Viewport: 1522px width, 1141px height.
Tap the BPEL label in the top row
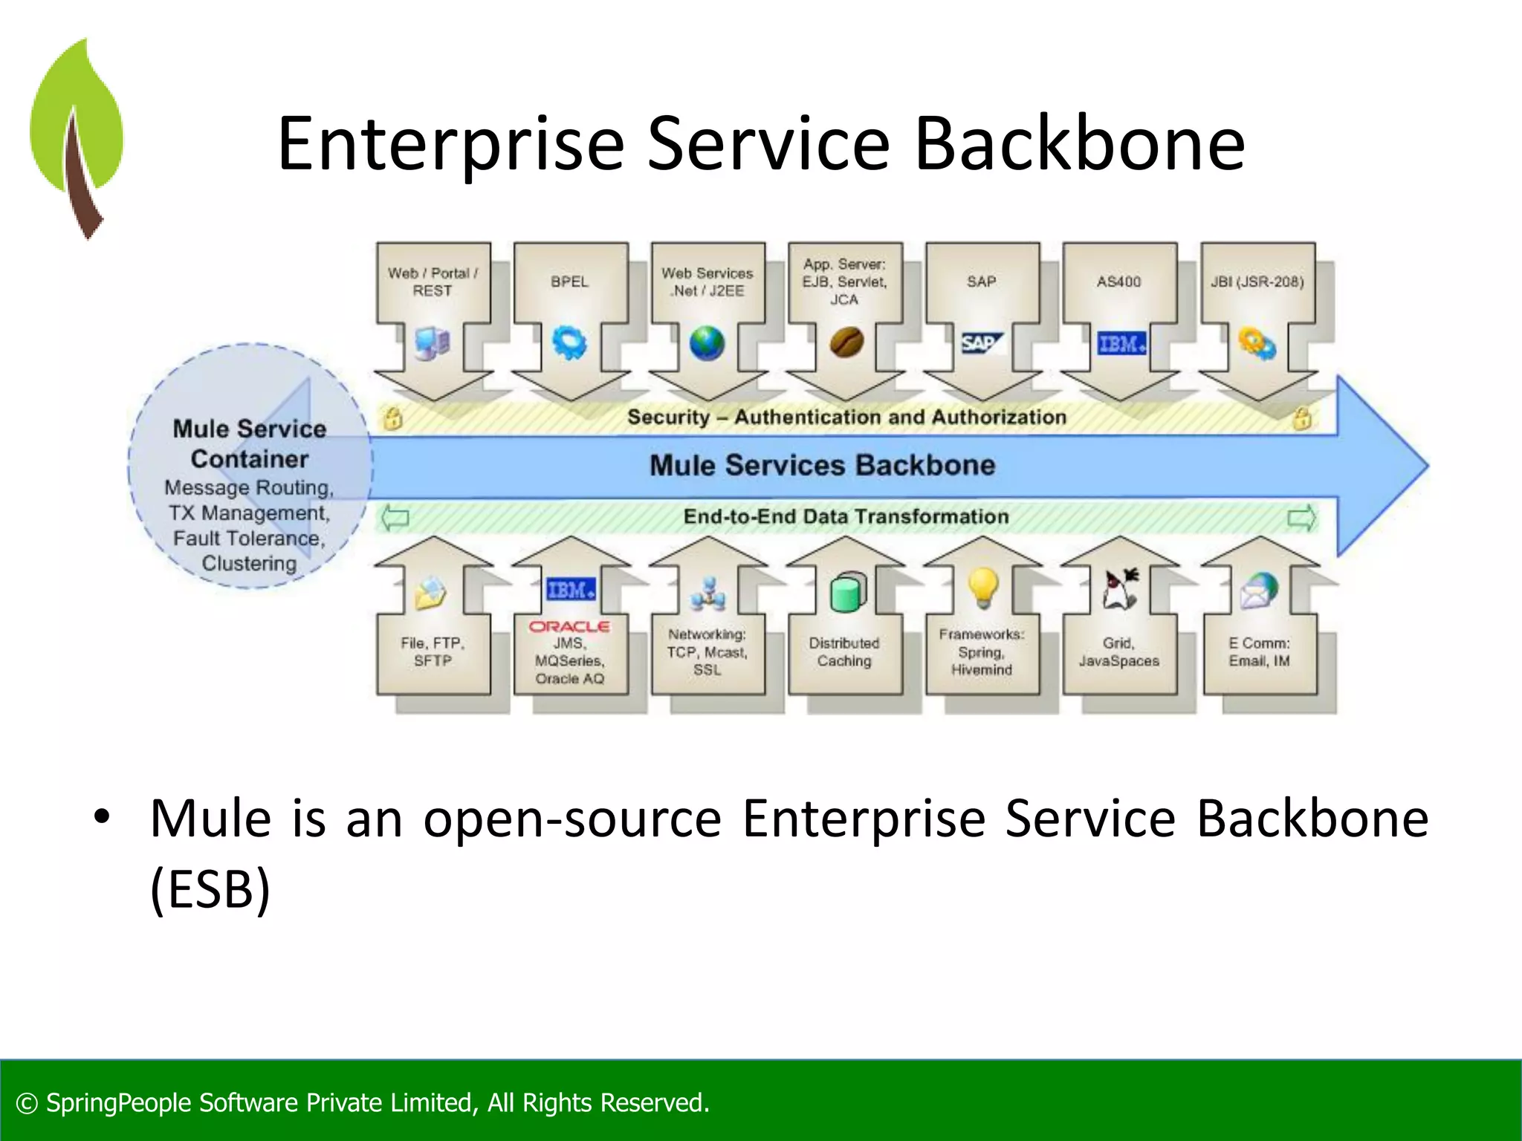point(569,282)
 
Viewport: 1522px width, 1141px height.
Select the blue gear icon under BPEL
point(569,343)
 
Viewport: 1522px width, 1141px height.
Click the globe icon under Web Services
point(707,343)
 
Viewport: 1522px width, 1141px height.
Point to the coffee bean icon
point(846,342)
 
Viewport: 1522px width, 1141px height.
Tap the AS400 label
point(1118,282)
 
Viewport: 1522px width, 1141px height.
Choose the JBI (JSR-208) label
point(1257,282)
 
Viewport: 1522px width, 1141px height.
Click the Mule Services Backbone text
point(822,465)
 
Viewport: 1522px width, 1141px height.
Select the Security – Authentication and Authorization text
point(846,417)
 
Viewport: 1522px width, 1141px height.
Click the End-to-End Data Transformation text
point(846,516)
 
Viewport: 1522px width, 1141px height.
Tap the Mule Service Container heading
point(250,443)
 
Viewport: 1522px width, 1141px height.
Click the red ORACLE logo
point(569,626)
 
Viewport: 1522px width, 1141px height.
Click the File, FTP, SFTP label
point(433,651)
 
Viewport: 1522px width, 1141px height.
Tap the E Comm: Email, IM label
point(1259,651)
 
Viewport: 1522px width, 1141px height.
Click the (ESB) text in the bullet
point(210,889)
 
